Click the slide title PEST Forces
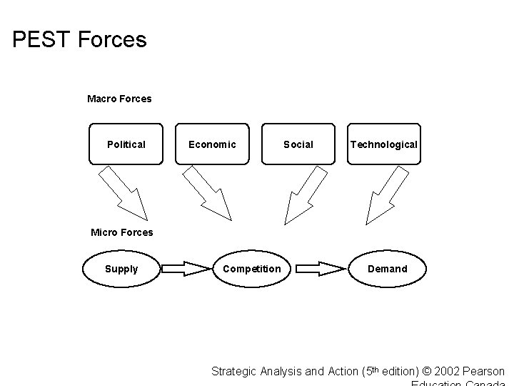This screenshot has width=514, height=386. (80, 39)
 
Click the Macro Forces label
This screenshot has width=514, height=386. (119, 99)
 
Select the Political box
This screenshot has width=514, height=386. (126, 144)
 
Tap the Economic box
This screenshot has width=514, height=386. (212, 144)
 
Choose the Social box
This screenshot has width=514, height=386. (298, 144)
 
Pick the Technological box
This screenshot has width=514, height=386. (383, 144)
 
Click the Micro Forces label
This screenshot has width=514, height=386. (121, 232)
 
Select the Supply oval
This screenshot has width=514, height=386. (121, 269)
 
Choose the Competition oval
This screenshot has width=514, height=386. (251, 269)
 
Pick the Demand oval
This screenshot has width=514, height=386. (387, 269)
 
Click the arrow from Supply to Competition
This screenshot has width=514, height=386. (183, 269)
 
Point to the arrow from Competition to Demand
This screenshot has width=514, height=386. (320, 269)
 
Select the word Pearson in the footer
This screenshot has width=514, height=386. (484, 372)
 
